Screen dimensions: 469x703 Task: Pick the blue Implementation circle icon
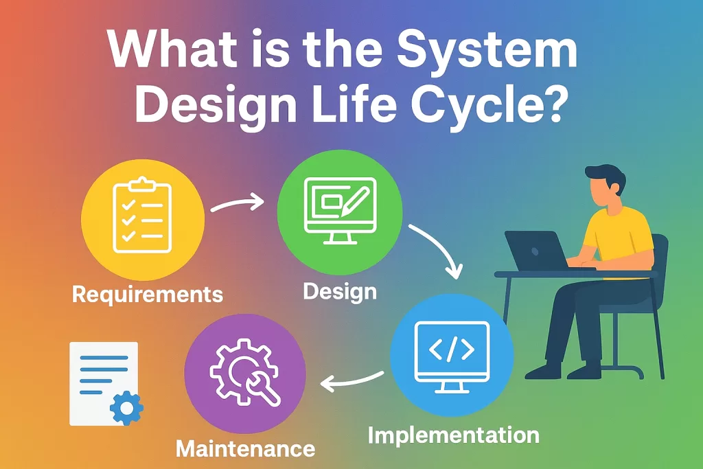tap(451, 357)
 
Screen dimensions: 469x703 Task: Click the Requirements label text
tap(148, 295)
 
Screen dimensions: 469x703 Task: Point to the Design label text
tap(340, 291)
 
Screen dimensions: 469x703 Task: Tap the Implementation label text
tap(453, 435)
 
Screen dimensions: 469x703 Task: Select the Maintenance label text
tap(246, 450)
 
